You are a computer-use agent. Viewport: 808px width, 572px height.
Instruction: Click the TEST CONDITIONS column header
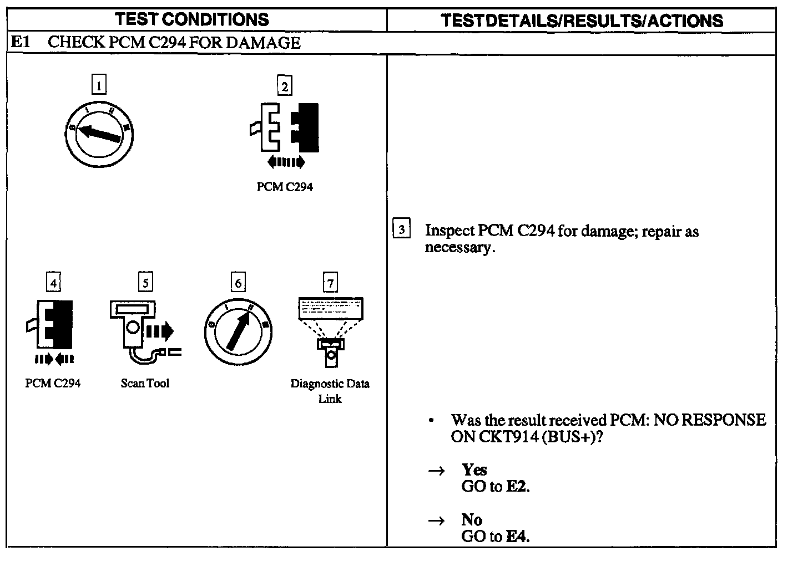tap(192, 20)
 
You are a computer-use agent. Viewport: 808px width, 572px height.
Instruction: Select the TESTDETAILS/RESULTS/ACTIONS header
tap(582, 21)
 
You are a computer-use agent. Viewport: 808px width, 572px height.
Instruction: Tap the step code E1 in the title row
tap(20, 43)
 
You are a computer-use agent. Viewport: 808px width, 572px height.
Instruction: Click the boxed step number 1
tap(99, 85)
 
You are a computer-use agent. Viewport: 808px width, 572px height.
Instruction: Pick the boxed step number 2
tap(284, 86)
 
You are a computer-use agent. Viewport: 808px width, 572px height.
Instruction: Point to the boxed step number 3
tap(401, 229)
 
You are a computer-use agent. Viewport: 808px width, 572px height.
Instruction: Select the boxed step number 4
tap(53, 283)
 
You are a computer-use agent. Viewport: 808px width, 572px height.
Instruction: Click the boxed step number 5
tap(145, 283)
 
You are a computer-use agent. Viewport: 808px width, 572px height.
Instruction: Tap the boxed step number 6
tap(238, 283)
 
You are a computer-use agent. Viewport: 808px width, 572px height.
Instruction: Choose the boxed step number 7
tap(330, 283)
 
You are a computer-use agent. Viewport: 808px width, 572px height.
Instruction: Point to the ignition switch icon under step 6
tap(238, 332)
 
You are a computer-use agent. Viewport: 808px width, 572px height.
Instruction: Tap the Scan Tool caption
tap(145, 383)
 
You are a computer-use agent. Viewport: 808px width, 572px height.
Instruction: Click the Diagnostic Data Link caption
tap(330, 391)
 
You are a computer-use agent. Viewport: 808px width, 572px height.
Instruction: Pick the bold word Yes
tap(474, 470)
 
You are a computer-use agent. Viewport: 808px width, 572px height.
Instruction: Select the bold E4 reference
tap(517, 537)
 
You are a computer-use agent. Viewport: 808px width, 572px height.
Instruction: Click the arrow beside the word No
tap(437, 520)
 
